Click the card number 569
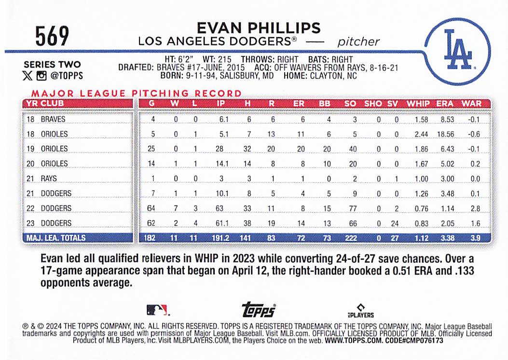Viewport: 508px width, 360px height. (x=52, y=36)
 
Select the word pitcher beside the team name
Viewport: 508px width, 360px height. (x=358, y=42)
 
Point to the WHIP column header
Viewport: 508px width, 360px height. (x=418, y=103)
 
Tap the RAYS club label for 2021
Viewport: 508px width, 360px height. (x=49, y=179)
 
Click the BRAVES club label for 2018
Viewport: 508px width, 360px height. (x=53, y=119)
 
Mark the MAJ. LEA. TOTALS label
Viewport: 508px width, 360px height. (x=56, y=238)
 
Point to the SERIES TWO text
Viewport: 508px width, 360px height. (x=52, y=65)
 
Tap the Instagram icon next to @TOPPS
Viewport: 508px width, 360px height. (x=41, y=75)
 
